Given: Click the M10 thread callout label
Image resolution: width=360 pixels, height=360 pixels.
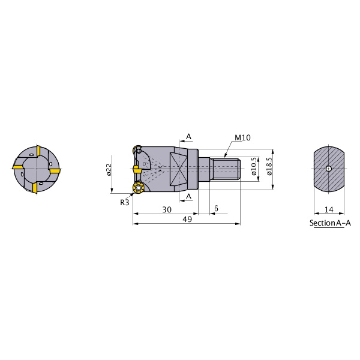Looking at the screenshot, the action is point(242,138).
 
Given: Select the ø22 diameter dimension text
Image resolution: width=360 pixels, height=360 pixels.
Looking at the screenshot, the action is point(109,169).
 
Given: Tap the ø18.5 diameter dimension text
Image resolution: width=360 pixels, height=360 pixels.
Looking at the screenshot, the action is point(269,166).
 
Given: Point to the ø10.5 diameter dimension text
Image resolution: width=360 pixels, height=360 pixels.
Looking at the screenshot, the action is point(254,166).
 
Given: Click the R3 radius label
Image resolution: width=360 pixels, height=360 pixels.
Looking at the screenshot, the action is point(125,203).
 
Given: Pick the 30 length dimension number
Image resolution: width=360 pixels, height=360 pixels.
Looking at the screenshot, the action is point(167,209).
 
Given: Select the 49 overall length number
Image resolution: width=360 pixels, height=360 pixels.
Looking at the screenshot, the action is point(187,219).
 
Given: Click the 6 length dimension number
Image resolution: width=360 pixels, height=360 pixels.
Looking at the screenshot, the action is point(216,208).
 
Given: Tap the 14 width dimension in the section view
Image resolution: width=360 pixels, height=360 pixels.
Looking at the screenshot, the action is point(329,209).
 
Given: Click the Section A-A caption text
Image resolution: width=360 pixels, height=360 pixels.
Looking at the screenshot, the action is point(330,223).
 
